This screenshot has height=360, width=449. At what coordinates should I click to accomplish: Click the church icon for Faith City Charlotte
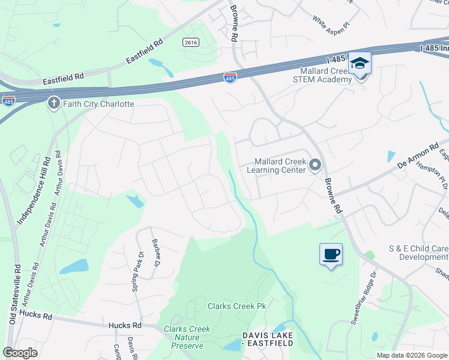[x=53, y=103]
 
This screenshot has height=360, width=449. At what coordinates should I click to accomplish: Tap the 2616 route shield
[x=191, y=43]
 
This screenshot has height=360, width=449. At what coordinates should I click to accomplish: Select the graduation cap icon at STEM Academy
[x=360, y=63]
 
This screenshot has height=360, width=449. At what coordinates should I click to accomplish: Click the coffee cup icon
[x=331, y=254]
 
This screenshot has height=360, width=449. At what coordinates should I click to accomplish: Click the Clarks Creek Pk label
[x=237, y=306]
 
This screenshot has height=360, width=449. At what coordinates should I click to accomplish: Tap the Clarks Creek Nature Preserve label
[x=187, y=337]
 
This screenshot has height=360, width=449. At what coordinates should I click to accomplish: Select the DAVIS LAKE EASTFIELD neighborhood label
[x=267, y=339]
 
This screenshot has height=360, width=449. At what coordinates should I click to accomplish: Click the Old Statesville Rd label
[x=14, y=294]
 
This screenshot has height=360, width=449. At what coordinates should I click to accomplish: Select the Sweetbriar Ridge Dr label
[x=363, y=298]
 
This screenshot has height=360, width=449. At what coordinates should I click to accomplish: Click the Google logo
[x=20, y=353]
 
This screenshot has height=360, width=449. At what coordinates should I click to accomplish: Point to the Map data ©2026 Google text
[x=412, y=355]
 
